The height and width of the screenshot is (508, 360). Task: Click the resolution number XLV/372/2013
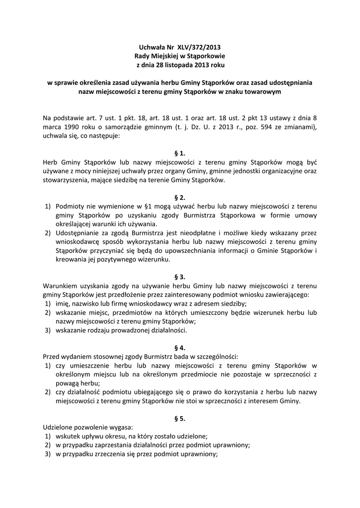pos(193,48)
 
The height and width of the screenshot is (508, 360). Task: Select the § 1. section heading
pos(180,153)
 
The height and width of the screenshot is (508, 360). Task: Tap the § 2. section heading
pos(180,197)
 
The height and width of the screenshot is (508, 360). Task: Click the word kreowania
pos(70,259)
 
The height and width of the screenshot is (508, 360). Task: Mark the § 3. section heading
pos(180,277)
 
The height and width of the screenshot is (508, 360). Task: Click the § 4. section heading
pos(180,348)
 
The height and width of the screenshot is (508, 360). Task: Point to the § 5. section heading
pos(180,419)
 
